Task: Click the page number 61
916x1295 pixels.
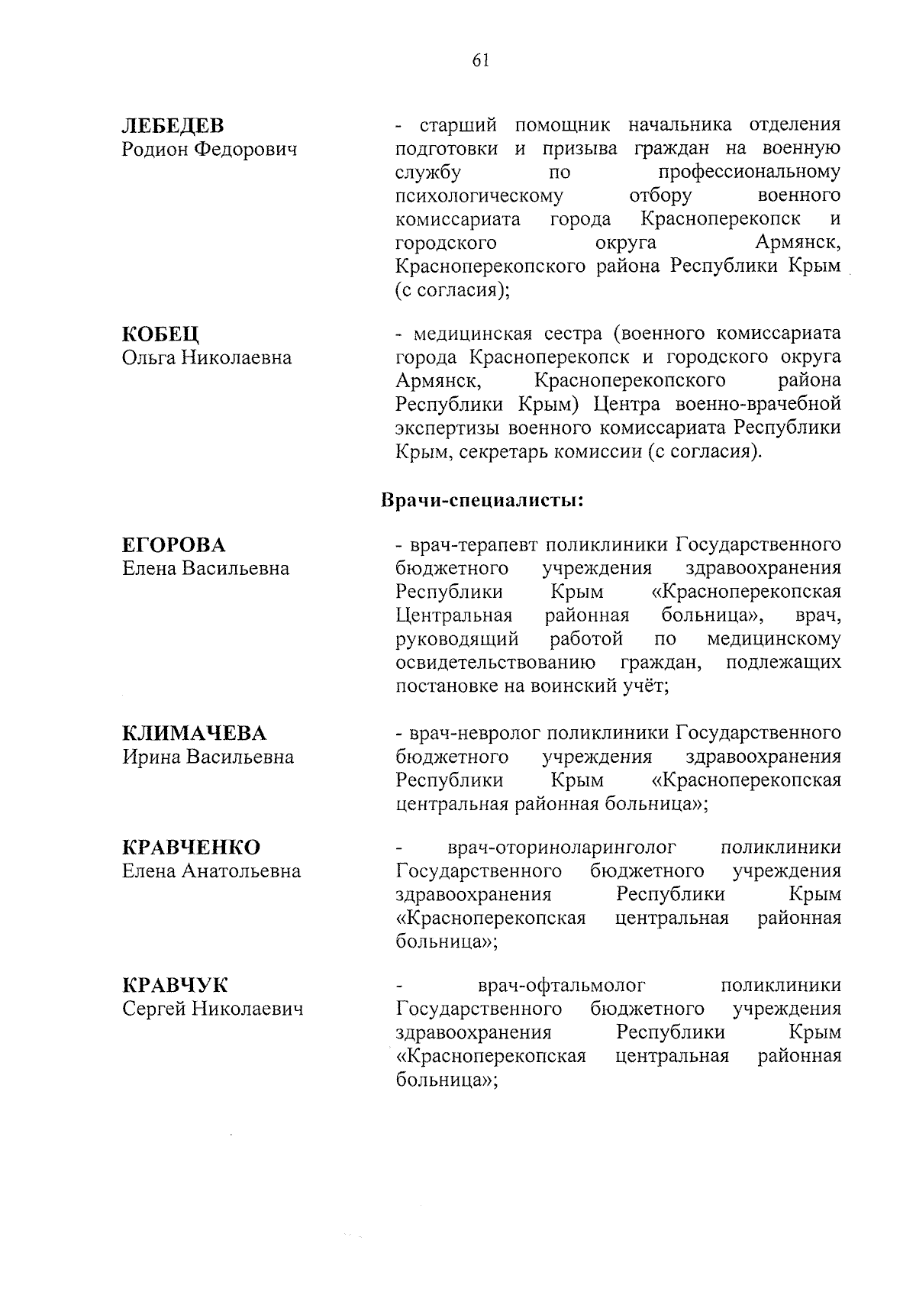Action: coord(480,61)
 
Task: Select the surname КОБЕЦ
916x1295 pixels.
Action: coord(160,334)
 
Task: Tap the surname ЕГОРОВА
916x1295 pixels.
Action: coord(174,545)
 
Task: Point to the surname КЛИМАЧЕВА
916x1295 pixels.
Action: coord(195,734)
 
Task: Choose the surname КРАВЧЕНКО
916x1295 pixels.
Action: coord(192,848)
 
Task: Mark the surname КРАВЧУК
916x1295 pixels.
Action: coord(175,985)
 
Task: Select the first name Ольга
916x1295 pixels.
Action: coord(148,358)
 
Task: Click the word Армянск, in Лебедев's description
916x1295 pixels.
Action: coord(797,243)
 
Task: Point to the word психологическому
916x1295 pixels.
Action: coord(479,196)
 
